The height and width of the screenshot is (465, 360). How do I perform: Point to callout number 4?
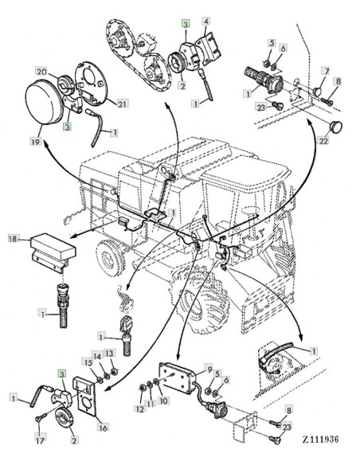(207, 21)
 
